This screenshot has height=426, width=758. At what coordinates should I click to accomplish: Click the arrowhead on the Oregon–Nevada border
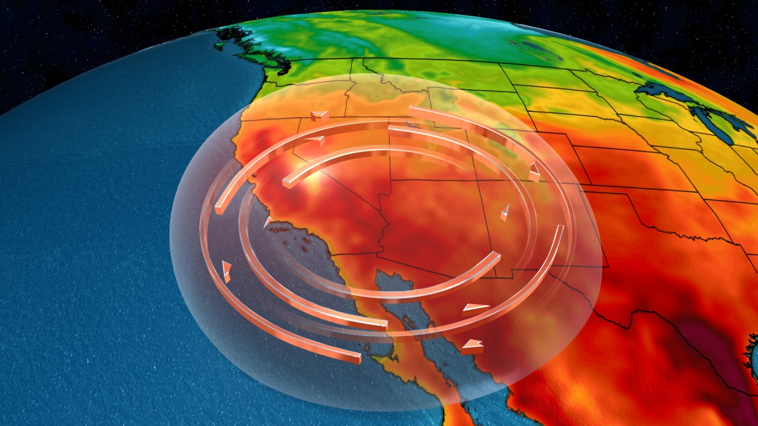[x=320, y=116]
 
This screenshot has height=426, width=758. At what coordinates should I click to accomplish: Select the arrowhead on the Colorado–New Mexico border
[x=534, y=172]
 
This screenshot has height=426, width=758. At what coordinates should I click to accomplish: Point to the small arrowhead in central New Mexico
[x=505, y=212]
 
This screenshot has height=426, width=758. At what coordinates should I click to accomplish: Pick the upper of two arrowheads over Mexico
[x=475, y=308]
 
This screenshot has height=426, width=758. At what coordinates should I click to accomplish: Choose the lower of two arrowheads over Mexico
[x=473, y=346]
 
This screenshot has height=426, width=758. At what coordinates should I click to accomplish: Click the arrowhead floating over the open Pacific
[x=226, y=271]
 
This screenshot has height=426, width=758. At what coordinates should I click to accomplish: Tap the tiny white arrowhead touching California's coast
[x=267, y=222]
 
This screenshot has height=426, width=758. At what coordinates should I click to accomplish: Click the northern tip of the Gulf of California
[x=379, y=273]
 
